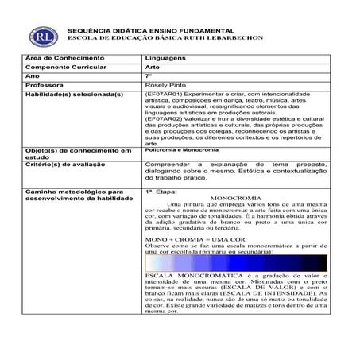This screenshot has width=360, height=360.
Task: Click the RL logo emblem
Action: coord(40,36)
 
